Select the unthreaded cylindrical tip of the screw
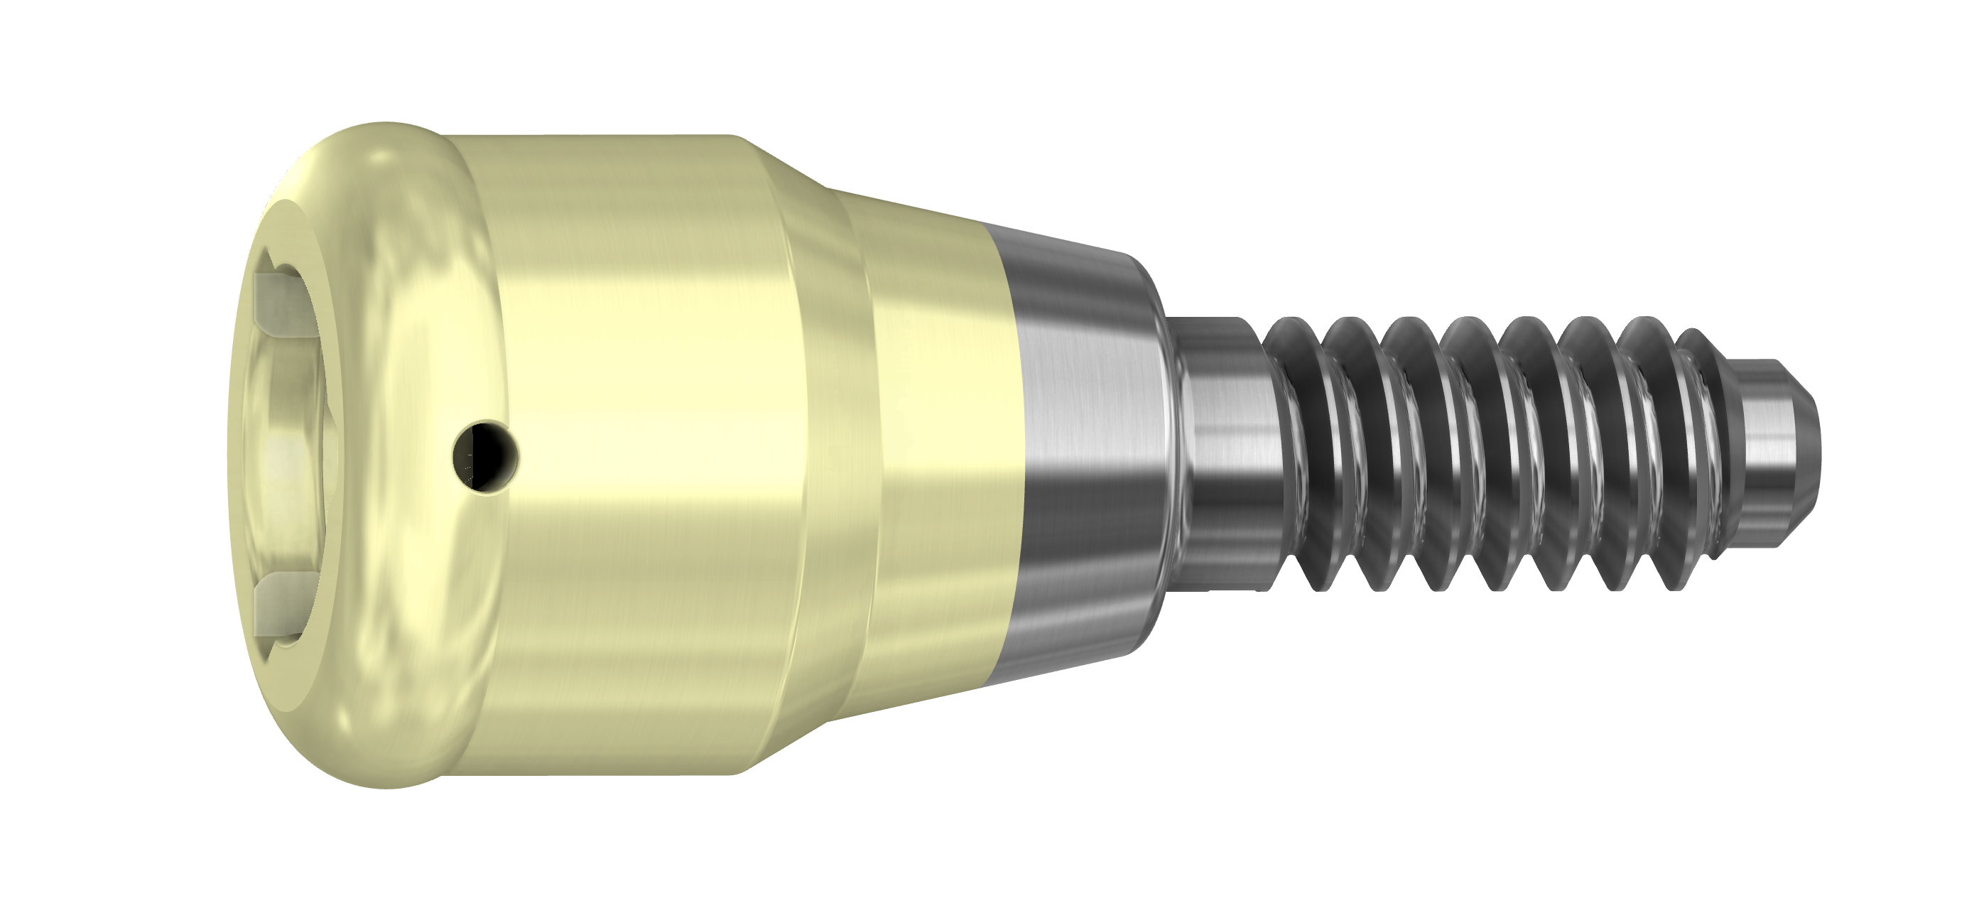(1774, 453)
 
